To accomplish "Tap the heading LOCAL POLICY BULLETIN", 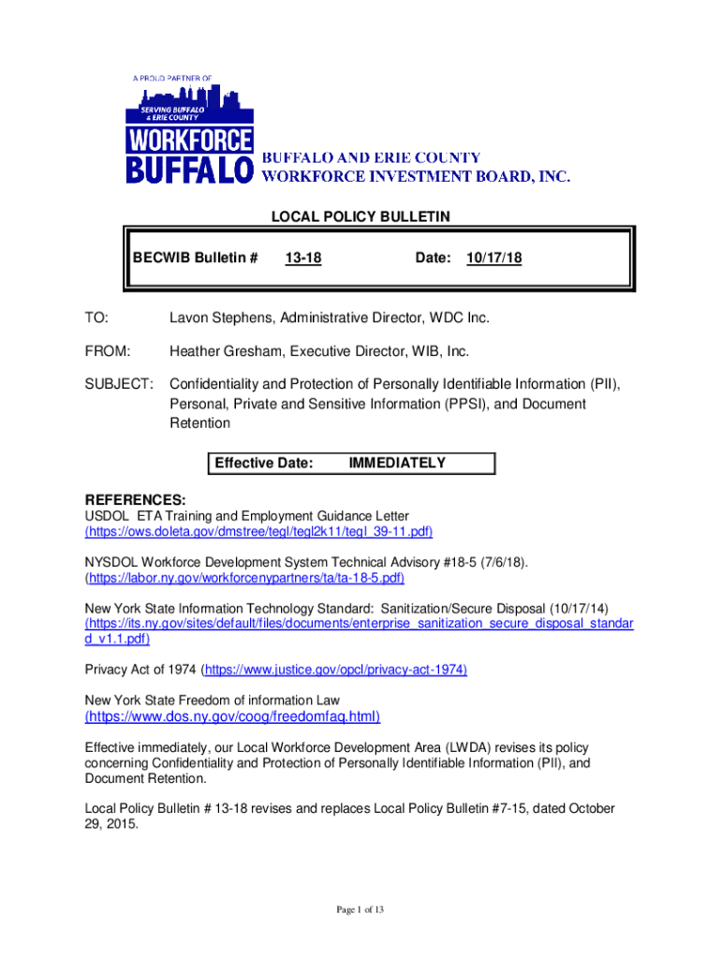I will [x=360, y=217].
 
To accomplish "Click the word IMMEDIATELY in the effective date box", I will [x=397, y=463].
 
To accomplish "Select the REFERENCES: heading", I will [x=135, y=500].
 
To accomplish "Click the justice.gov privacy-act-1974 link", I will [x=334, y=670].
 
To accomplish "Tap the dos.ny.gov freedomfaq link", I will [x=232, y=717].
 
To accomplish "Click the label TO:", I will [x=96, y=318].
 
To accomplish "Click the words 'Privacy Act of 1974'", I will [x=140, y=670].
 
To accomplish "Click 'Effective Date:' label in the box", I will [x=264, y=463].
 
